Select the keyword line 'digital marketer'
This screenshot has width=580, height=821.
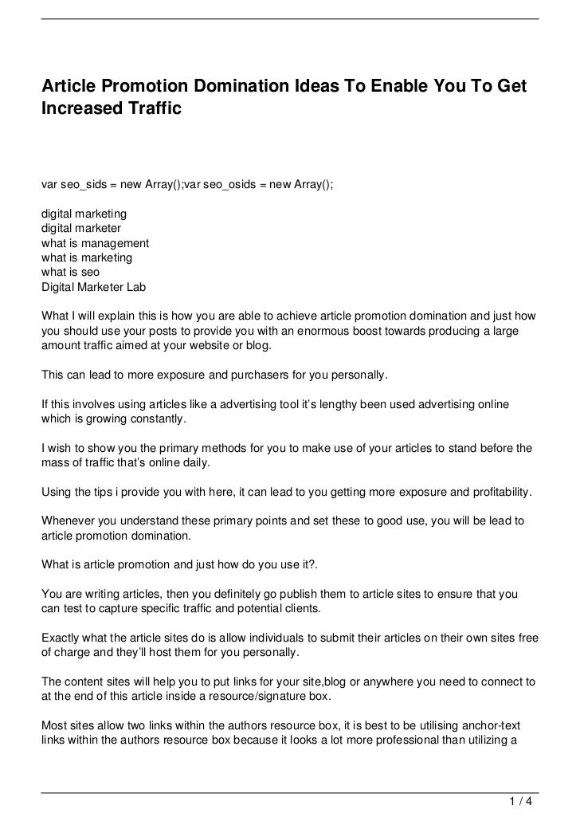81,227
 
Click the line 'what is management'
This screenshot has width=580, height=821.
95,242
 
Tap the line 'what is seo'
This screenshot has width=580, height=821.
70,272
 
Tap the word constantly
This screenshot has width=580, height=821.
156,420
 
